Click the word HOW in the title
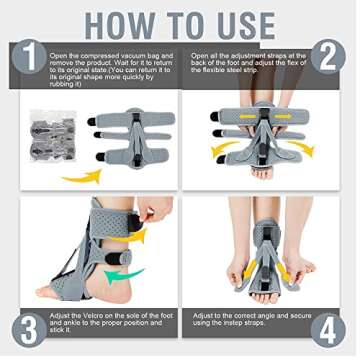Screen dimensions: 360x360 pos(118,23)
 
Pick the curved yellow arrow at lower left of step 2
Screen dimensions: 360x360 pos(221,150)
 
